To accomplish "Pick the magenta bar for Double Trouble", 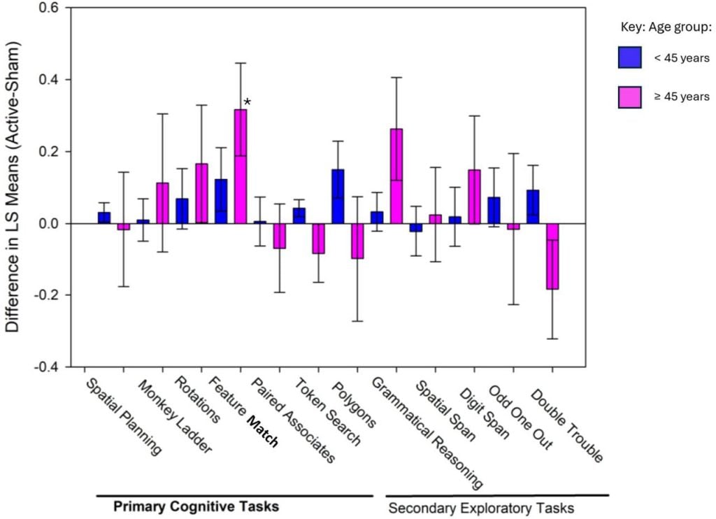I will [552, 256].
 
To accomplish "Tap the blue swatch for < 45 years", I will [631, 57].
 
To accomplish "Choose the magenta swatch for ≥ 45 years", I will [631, 96].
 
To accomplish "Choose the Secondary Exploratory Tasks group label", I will [481, 508].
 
